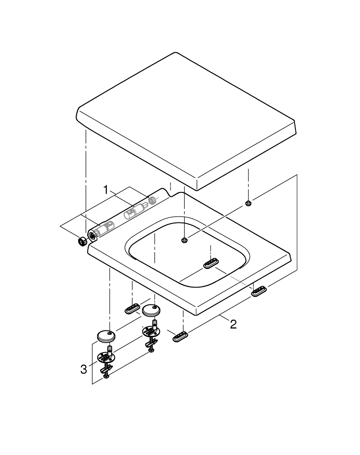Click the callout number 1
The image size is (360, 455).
tap(106, 190)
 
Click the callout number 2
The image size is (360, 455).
tap(233, 324)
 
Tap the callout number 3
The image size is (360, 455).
tap(84, 369)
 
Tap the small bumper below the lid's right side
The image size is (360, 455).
tap(248, 203)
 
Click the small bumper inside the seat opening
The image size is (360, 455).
tap(185, 240)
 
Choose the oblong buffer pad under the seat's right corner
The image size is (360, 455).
tap(259, 291)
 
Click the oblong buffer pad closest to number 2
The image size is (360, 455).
tap(180, 337)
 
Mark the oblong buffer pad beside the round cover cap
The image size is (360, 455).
tap(132, 309)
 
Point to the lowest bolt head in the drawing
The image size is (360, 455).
tap(105, 376)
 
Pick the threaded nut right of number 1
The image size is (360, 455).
tap(152, 200)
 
